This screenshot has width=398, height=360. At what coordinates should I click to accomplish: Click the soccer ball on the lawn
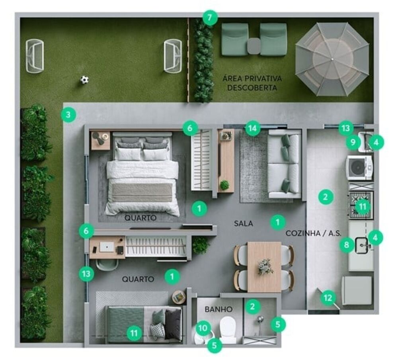pyautogui.click(x=84, y=80)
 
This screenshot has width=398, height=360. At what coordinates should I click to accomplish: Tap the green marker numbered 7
pyautogui.click(x=210, y=18)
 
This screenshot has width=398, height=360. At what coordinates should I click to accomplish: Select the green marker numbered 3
pyautogui.click(x=68, y=115)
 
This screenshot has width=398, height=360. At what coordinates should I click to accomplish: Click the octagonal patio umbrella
pyautogui.click(x=332, y=59)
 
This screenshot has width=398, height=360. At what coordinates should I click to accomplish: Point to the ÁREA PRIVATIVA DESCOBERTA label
pyautogui.click(x=252, y=83)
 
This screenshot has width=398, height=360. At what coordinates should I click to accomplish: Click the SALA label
pyautogui.click(x=243, y=224)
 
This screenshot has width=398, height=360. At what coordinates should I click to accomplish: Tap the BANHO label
pyautogui.click(x=218, y=309)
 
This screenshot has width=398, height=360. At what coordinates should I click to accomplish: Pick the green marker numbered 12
pyautogui.click(x=328, y=297)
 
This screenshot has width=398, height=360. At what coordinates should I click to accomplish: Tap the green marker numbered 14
pyautogui.click(x=252, y=128)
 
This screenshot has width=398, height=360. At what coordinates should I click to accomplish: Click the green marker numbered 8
pyautogui.click(x=347, y=245)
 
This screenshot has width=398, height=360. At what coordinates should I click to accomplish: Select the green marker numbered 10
pyautogui.click(x=203, y=328)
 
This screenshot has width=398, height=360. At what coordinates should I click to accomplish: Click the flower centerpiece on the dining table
pyautogui.click(x=265, y=266)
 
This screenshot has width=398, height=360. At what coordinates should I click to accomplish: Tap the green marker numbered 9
pyautogui.click(x=352, y=142)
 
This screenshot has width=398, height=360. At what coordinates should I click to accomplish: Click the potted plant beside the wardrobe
pyautogui.click(x=200, y=245)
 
